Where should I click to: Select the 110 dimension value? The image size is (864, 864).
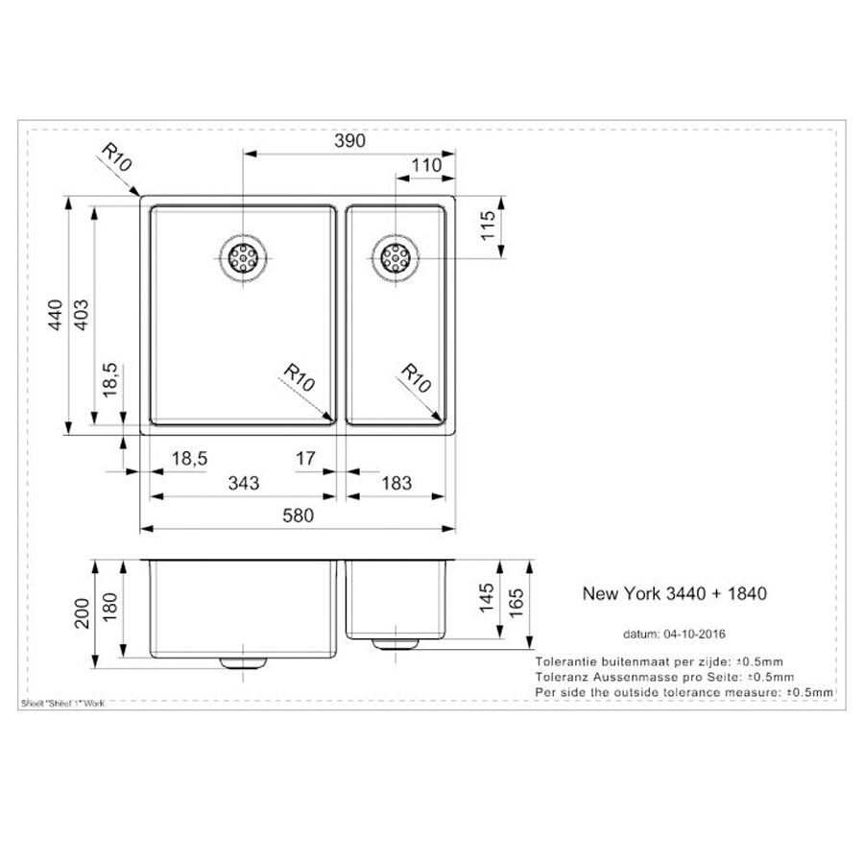pyautogui.click(x=425, y=165)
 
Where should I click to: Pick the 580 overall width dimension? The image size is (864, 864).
pyautogui.click(x=299, y=516)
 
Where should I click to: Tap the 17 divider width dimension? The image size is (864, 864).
pyautogui.click(x=305, y=459)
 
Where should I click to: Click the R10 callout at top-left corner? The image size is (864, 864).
pyautogui.click(x=115, y=159)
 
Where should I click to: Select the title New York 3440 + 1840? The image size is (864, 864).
pyautogui.click(x=674, y=594)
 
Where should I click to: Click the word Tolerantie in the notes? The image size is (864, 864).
pyautogui.click(x=564, y=662)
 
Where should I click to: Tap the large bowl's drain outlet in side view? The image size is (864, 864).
pyautogui.click(x=243, y=662)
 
